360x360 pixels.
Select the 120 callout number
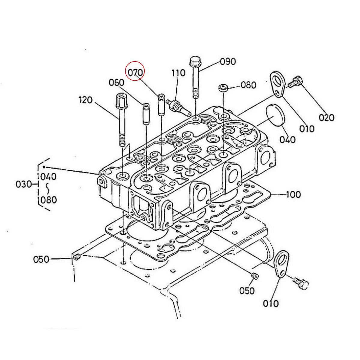(85, 100)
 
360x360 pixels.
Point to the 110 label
(178, 73)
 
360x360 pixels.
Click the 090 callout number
(228, 61)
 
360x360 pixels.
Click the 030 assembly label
(24, 184)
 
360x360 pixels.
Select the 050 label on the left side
(41, 259)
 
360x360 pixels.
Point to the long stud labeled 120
(121, 120)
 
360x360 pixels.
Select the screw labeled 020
(295, 82)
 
